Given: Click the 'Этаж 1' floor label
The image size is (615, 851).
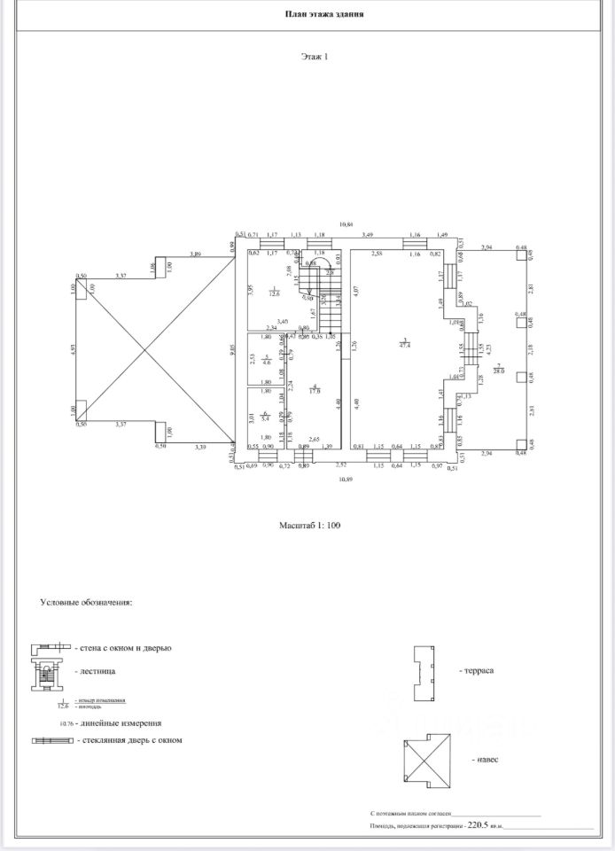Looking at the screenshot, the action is pos(315,57).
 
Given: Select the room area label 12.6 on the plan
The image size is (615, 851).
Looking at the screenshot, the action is pos(275,293).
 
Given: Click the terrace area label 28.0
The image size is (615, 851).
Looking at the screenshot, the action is pos(499,370).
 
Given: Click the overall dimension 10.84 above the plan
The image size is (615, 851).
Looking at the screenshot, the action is pos(346,224).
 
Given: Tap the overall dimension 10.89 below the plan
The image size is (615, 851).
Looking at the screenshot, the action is pos(346,480).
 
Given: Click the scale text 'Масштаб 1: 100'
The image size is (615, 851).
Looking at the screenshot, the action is pos(309,526).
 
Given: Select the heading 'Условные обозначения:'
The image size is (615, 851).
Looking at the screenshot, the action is pos(86,602).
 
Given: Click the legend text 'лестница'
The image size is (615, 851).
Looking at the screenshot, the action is pos(96,672).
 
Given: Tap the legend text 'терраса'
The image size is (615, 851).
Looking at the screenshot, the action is pos(476,671).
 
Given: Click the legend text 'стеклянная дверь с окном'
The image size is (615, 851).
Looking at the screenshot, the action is pos(129,740).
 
